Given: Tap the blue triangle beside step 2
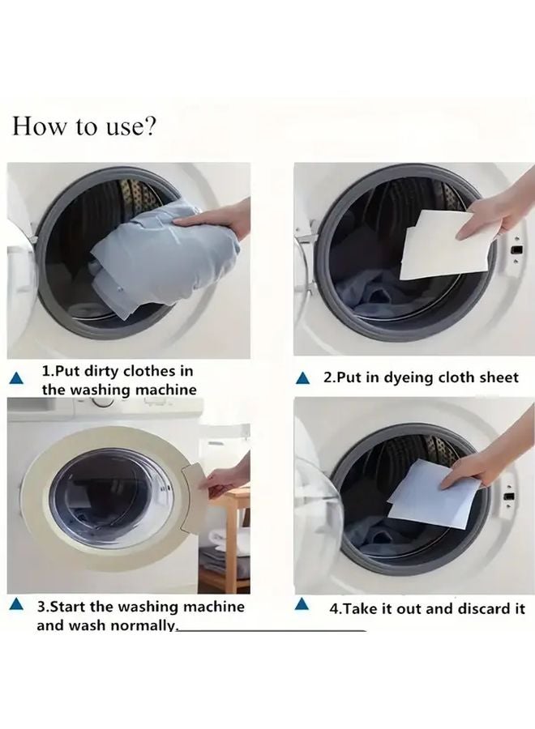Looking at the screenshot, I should (303, 378).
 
